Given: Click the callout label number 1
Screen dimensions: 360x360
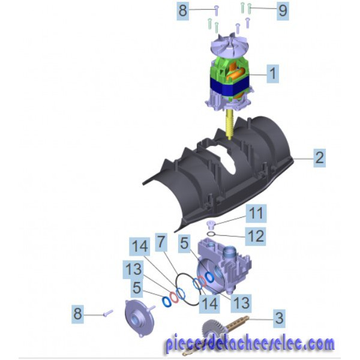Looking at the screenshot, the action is click(272, 74).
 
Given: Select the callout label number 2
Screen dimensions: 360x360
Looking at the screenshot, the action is click(320, 158).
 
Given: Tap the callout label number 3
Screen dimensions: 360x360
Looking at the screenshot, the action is click(279, 319).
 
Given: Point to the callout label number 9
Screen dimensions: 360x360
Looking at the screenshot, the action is click(283, 11).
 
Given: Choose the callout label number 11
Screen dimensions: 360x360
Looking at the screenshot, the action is click(256, 213).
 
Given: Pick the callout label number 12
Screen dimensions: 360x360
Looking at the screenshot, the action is click(256, 236).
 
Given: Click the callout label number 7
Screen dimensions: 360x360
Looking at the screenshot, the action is click(161, 242).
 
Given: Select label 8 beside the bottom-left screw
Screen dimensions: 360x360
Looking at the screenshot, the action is click(77, 314).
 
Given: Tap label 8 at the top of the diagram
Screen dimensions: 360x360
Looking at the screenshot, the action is click(183, 11).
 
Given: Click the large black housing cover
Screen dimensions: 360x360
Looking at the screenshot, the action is click(218, 172).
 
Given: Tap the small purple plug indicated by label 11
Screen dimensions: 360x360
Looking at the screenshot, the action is click(211, 224).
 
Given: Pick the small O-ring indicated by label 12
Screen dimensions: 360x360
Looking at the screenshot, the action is click(211, 234).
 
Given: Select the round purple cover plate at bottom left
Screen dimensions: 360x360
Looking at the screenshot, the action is click(139, 318).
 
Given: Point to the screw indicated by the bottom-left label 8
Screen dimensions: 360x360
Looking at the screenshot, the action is click(108, 313).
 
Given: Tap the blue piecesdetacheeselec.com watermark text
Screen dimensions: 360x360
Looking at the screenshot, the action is click(250, 344).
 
